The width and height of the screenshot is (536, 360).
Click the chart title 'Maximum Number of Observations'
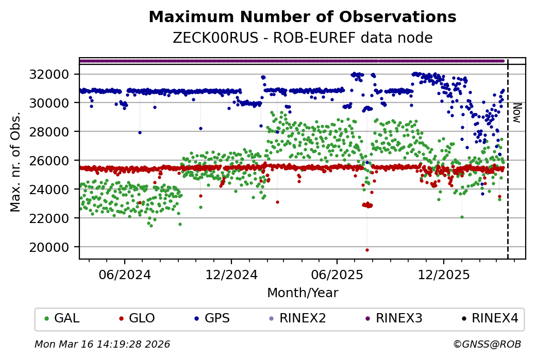(302, 18)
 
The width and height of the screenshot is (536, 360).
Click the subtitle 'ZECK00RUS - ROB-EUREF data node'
(302, 38)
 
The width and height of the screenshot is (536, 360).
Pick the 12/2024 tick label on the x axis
(231, 275)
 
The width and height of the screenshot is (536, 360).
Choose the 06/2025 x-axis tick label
(337, 275)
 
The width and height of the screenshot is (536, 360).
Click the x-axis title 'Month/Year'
(302, 294)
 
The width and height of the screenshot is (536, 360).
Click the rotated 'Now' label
(517, 112)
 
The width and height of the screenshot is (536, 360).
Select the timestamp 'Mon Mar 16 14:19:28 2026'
(102, 344)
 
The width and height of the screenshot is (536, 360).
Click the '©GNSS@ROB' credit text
(487, 344)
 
